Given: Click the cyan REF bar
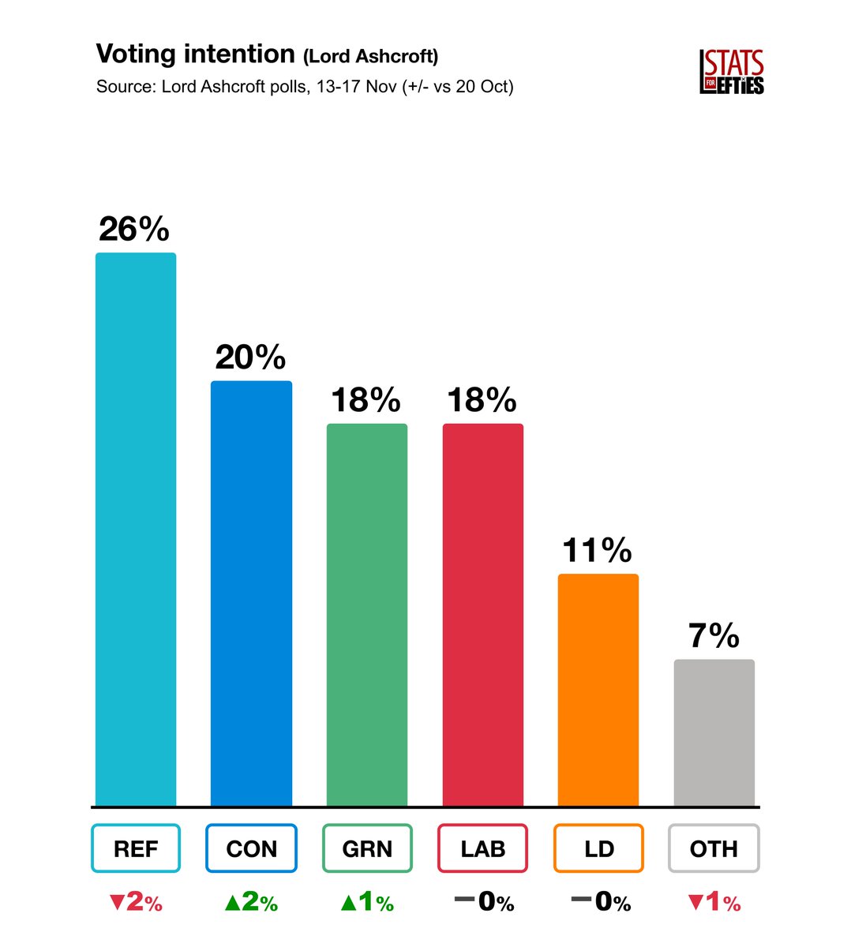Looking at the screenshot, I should click(136, 529).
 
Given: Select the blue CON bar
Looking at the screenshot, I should click(251, 593).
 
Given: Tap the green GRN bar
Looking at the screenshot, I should click(367, 615).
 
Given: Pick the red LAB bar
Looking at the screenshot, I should click(482, 615).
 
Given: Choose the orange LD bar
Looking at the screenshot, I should click(598, 690).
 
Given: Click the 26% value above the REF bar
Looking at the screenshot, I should click(134, 230).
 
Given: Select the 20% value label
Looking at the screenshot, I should click(250, 358).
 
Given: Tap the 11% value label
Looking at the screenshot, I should click(597, 550).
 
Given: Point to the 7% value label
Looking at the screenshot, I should click(714, 636).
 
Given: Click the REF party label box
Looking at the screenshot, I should click(136, 848).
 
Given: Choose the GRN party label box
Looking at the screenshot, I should click(367, 848).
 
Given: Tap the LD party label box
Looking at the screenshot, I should click(598, 848).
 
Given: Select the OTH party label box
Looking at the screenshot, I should click(714, 848).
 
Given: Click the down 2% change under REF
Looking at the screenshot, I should click(136, 902).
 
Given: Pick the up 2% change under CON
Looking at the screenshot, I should click(251, 902).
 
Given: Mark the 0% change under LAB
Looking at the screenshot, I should click(485, 902).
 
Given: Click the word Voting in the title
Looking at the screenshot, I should click(136, 54).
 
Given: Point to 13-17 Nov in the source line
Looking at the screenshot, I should click(356, 87).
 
